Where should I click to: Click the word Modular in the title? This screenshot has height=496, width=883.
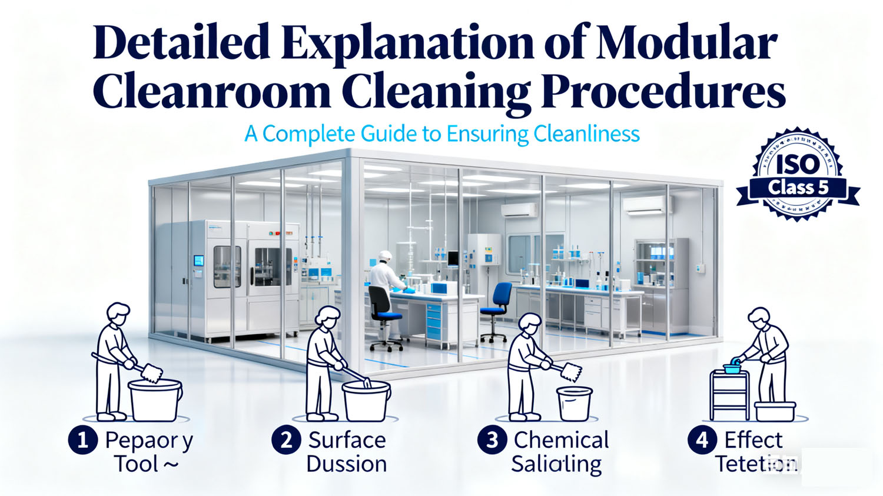point(686,43)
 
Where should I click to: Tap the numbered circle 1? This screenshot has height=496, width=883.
point(82,440)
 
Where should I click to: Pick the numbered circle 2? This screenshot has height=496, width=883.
point(286,440)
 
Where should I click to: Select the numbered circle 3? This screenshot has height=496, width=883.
point(492,440)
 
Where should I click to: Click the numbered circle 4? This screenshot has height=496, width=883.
point(702,440)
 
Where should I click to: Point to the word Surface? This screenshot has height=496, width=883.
point(347,440)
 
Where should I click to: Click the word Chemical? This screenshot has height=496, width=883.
point(561,440)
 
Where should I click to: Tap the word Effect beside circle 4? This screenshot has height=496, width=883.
point(753,440)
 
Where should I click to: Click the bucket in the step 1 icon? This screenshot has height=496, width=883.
point(155,400)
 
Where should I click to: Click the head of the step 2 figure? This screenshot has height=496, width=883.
point(327,318)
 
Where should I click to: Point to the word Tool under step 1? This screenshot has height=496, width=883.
point(137,464)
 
